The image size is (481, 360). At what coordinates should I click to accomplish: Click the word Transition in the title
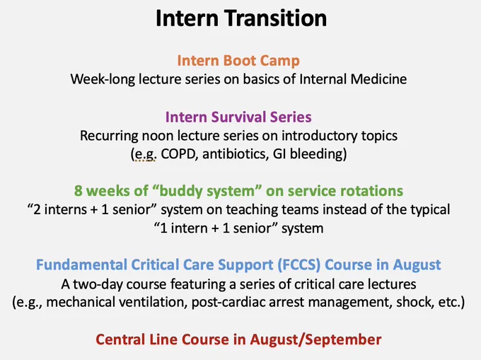[277, 18]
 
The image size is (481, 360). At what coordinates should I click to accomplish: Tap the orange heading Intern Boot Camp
[238, 61]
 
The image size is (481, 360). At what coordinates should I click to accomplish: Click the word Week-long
[103, 79]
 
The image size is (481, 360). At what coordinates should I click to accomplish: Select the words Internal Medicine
[353, 79]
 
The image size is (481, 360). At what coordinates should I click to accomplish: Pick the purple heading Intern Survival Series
[238, 117]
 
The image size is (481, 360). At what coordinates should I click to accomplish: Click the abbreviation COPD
[178, 153]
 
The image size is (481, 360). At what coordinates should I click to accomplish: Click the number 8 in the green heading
[79, 191]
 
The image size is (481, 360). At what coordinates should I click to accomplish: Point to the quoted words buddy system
[207, 191]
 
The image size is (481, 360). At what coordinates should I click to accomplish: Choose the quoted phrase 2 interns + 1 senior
[91, 210]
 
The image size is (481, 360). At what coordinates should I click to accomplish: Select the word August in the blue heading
[417, 265]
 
